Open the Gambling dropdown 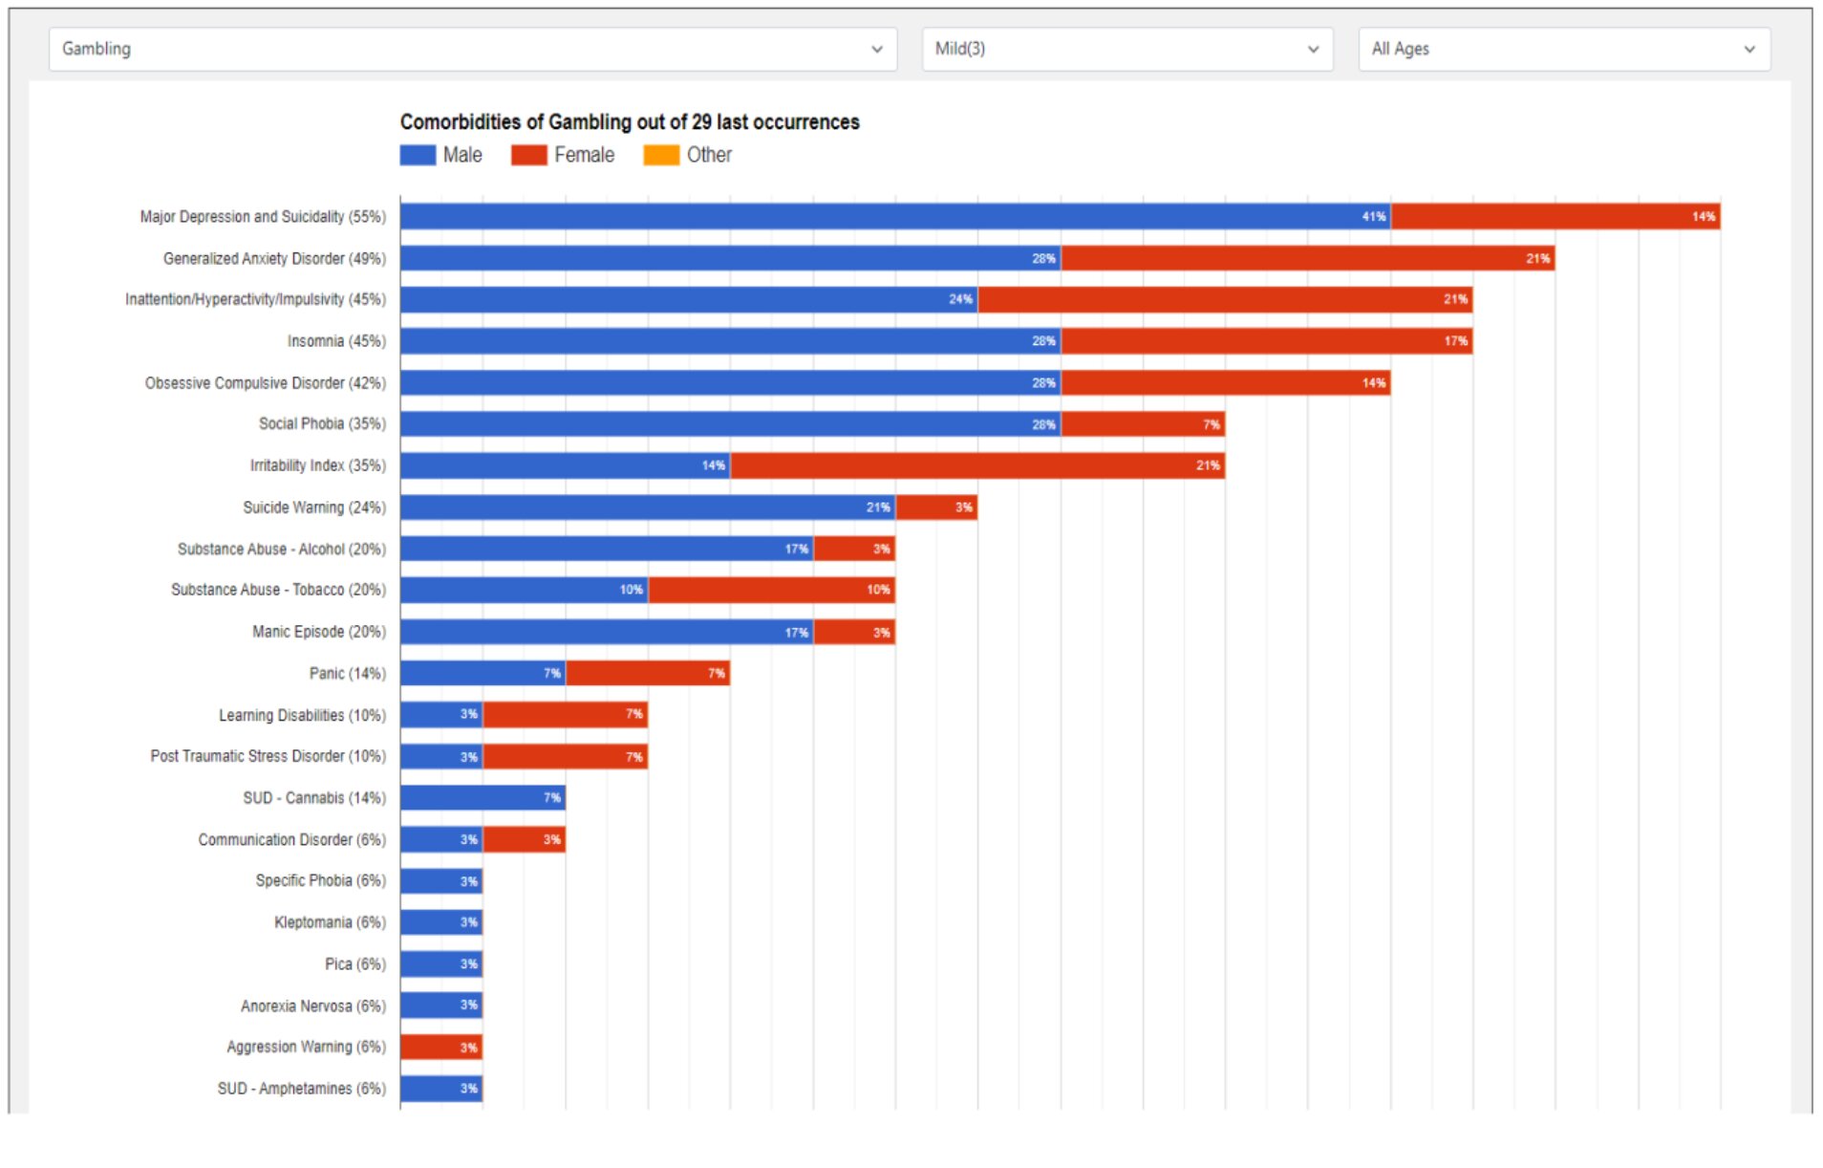tap(472, 49)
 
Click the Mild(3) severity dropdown tap(1126, 49)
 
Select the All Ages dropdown tap(1563, 49)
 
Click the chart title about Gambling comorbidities tap(629, 122)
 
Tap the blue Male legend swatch tap(418, 155)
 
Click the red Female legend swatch tap(528, 155)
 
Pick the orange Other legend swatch tap(661, 155)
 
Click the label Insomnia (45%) tap(336, 341)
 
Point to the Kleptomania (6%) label tap(330, 922)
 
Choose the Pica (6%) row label tap(354, 964)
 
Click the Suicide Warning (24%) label tap(313, 508)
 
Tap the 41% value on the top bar tap(1373, 217)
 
